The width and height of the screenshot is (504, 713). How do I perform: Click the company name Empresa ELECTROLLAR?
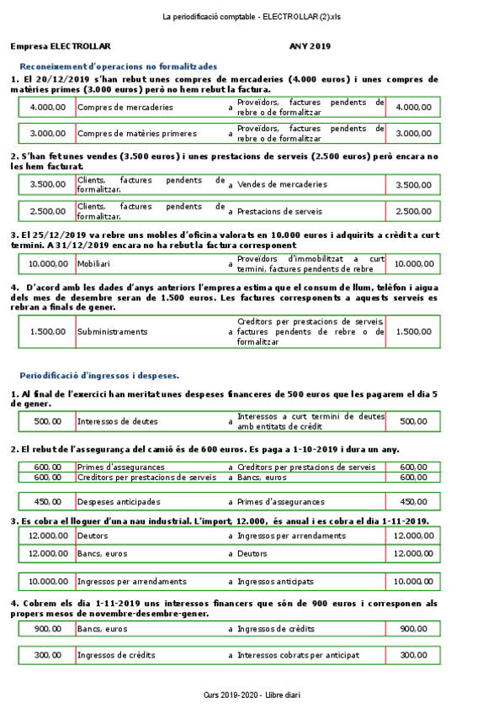61,47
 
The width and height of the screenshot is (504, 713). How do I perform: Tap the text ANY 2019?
310,47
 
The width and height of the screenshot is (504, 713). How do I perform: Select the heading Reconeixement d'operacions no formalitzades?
118,66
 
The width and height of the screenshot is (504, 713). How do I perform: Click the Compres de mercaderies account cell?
125,108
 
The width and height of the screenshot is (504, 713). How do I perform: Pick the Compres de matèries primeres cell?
137,133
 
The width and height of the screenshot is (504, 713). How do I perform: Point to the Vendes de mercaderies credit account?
283,184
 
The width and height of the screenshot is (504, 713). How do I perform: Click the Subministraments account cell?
112,332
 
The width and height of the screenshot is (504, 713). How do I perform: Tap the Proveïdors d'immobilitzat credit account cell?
310,263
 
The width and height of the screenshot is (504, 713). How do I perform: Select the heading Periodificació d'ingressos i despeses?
99,375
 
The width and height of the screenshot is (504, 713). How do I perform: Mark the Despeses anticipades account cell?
119,502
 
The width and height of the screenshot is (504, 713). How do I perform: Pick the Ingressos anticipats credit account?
275,581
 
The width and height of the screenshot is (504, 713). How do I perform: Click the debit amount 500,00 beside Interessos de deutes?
48,421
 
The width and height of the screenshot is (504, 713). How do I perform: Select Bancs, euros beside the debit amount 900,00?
102,629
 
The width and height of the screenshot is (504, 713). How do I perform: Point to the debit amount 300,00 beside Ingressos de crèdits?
48,655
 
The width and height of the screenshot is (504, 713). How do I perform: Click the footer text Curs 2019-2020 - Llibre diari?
252,696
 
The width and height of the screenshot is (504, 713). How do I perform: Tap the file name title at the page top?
252,17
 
